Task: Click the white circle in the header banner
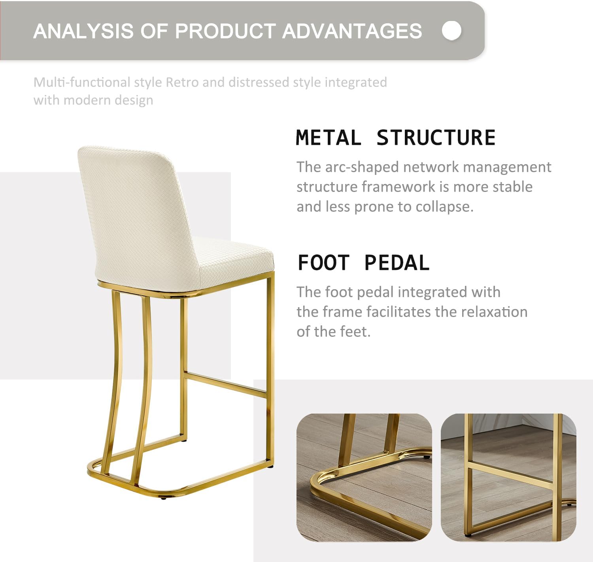point(451,30)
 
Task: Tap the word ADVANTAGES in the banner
point(352,31)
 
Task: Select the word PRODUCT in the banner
point(225,31)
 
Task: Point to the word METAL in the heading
point(328,138)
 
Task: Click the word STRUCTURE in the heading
point(436,138)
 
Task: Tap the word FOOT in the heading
point(324,263)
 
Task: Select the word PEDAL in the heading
point(397,263)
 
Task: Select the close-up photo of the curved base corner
point(364,477)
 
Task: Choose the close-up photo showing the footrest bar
point(508,477)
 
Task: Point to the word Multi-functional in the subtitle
point(81,82)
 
